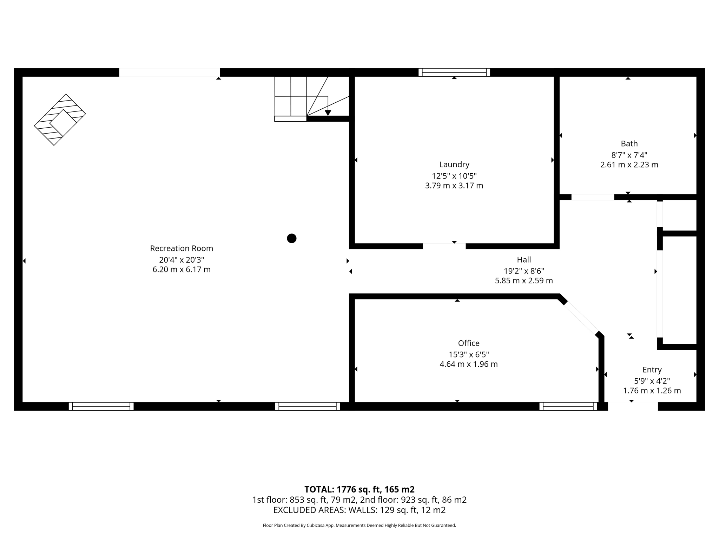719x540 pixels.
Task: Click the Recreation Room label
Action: (182, 248)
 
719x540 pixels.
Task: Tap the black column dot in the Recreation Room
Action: (291, 238)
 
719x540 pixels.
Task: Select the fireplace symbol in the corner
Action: (60, 120)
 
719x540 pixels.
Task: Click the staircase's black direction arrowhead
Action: (328, 113)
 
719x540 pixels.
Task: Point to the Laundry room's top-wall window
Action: (454, 72)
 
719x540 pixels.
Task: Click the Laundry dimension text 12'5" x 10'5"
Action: (454, 176)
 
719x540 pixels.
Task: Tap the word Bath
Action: (629, 143)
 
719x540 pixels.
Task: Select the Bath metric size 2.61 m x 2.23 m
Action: (629, 165)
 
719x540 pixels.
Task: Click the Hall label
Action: (524, 260)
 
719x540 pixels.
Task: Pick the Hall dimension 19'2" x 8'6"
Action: (524, 271)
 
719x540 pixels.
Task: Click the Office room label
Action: (468, 343)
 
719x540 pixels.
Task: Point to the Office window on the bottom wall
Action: (568, 406)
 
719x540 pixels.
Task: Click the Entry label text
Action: (652, 370)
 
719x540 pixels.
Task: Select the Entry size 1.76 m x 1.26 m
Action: (652, 391)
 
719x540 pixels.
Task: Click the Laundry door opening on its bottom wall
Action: (444, 246)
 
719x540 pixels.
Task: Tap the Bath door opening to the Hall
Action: (593, 197)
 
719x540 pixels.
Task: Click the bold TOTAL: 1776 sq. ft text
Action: (359, 489)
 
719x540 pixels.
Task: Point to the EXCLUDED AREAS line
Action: (359, 510)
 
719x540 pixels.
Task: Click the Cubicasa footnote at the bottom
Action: (359, 526)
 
